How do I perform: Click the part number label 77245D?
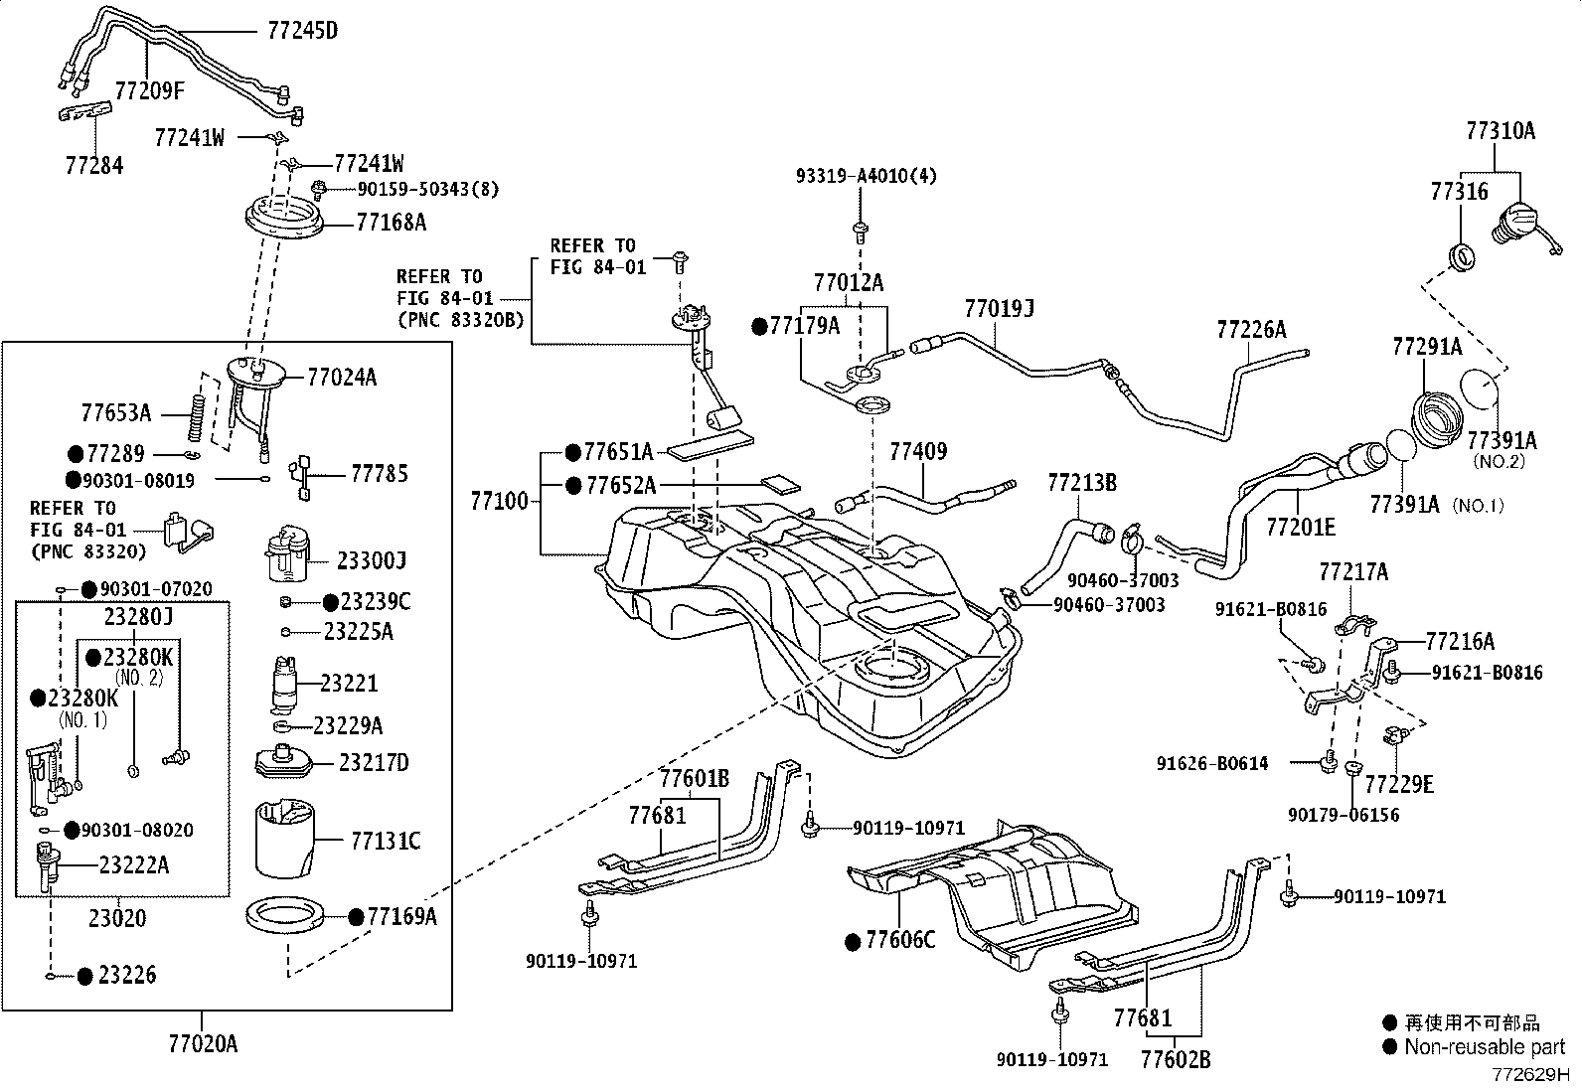click(x=302, y=31)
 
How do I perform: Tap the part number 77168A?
click(x=391, y=222)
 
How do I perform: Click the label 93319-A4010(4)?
click(x=866, y=176)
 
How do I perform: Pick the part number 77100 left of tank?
click(x=500, y=502)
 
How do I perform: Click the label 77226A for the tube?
click(x=1250, y=330)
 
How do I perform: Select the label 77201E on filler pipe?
click(x=1300, y=526)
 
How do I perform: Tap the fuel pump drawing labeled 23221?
click(x=285, y=683)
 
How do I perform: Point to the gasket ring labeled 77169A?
click(x=288, y=915)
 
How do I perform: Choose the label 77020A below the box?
click(x=203, y=1044)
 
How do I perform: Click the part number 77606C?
click(x=900, y=940)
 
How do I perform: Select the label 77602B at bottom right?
click(x=1176, y=1060)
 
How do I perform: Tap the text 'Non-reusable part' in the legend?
click(x=1485, y=1046)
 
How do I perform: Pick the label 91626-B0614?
click(x=1212, y=763)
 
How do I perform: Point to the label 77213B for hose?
click(x=1082, y=484)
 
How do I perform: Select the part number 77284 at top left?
click(x=94, y=165)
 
